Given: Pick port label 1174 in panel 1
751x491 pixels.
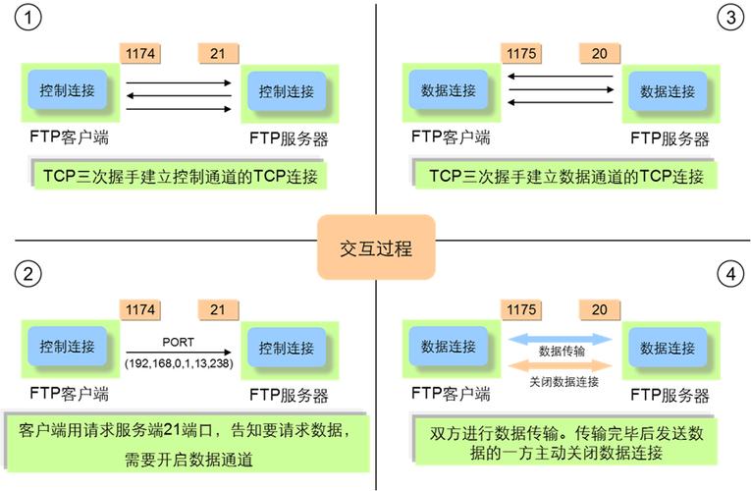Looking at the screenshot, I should (139, 53).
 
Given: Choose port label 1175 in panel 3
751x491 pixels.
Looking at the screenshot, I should (520, 53).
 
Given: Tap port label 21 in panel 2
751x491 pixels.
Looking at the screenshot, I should (218, 310).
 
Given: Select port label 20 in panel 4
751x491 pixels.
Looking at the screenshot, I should (599, 310).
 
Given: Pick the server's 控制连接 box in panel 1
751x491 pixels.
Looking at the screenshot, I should (287, 91).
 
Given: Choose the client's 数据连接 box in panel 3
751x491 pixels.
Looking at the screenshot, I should (449, 90).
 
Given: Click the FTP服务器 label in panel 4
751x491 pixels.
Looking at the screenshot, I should (670, 396).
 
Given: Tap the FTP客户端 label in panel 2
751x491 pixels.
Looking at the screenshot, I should (69, 395).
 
